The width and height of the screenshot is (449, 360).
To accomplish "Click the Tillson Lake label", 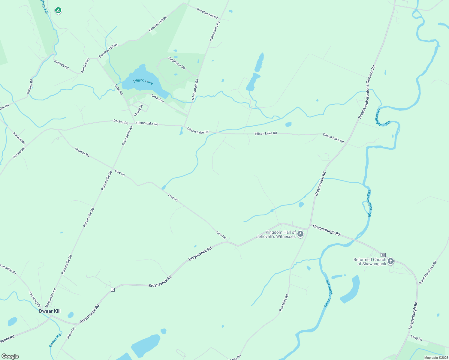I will (x=143, y=81).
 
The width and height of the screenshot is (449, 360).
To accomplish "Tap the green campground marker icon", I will (x=58, y=11).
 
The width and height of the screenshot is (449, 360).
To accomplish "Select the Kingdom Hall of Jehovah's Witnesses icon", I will (x=300, y=234).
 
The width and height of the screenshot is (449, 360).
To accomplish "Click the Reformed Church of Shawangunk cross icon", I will (x=390, y=261).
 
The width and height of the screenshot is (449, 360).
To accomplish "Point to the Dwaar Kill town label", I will (x=50, y=311).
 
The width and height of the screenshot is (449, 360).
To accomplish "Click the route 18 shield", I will (x=383, y=255).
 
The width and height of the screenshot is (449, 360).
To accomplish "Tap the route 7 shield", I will (x=113, y=289).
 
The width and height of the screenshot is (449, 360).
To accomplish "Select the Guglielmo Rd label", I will (x=177, y=63).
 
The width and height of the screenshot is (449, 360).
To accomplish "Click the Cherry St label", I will (x=138, y=110).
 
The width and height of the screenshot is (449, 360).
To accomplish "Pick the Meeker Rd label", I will (x=82, y=152).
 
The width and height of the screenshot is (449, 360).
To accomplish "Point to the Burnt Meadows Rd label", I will (x=428, y=272).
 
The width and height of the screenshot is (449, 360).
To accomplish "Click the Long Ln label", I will (x=416, y=338).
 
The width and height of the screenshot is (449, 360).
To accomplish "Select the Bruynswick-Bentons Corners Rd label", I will (x=367, y=92).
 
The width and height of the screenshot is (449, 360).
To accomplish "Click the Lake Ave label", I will (x=158, y=98).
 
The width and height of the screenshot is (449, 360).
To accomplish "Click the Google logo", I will (x=10, y=356).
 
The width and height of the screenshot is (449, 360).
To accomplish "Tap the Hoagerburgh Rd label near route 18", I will (x=326, y=230).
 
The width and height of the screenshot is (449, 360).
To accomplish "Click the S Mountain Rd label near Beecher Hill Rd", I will (x=215, y=31).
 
